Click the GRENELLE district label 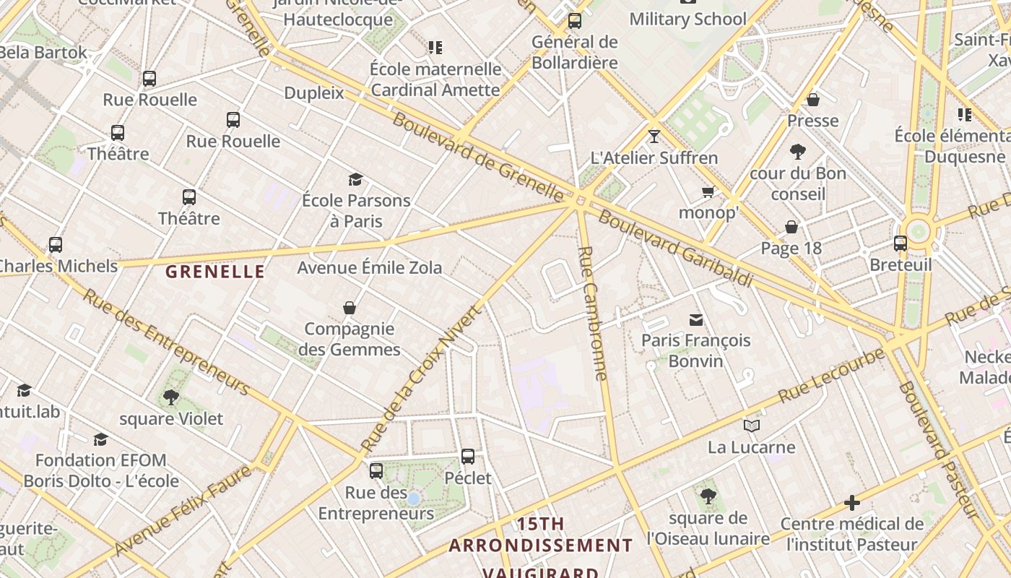click(x=214, y=272)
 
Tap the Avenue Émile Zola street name click(x=370, y=267)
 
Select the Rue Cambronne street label click(x=594, y=314)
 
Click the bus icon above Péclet click(x=468, y=456)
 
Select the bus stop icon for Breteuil click(x=901, y=243)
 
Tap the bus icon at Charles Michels click(x=56, y=244)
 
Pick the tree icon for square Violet click(x=171, y=397)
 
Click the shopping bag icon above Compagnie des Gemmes click(x=350, y=308)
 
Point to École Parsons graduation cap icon click(x=355, y=179)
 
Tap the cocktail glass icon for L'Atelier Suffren click(x=654, y=136)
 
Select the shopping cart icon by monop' click(x=708, y=191)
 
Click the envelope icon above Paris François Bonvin click(x=696, y=319)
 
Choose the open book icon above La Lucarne click(x=752, y=426)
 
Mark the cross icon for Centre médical click(x=852, y=502)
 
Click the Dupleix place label click(x=314, y=92)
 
